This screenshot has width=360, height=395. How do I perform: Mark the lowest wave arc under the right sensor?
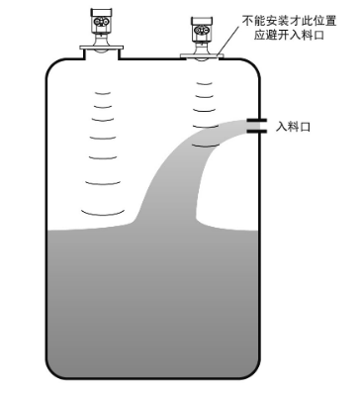coord(204,146)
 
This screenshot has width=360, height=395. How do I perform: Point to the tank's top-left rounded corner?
coord(55,67)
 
